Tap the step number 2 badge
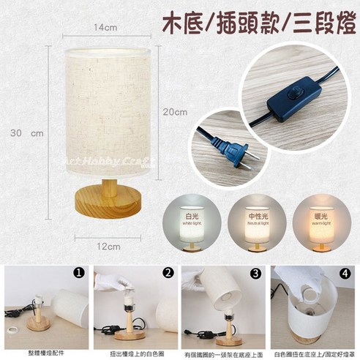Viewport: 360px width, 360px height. [x=168, y=274]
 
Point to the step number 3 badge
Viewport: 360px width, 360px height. [x=255, y=274]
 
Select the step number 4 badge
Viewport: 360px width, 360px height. [x=345, y=274]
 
